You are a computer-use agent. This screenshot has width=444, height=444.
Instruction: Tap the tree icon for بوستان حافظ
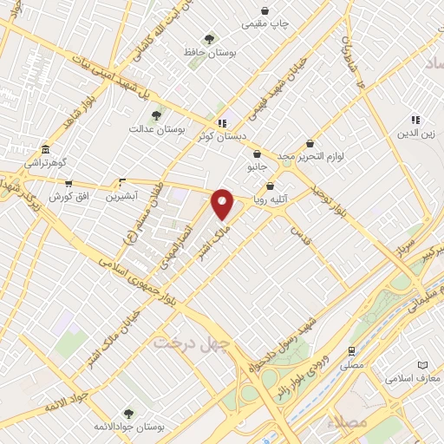pos(209,39)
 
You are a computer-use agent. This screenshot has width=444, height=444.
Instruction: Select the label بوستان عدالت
pos(153,129)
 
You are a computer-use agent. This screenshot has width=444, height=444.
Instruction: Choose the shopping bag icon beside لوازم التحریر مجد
pos(310,144)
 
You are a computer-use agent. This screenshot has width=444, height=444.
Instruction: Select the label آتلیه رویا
pos(270,199)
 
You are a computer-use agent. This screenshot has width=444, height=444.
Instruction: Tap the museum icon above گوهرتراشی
pos(45,149)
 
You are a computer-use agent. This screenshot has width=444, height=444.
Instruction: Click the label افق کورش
pos(69,197)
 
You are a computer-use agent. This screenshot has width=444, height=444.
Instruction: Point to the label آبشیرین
pos(121,197)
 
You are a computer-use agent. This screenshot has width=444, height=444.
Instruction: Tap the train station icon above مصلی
pos(351,351)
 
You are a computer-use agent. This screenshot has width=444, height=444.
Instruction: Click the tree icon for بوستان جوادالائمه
pos(128,414)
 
